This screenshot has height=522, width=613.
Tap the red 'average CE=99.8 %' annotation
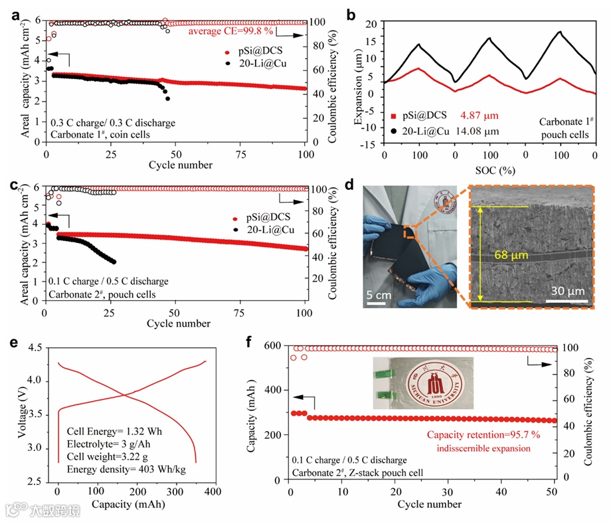pyautogui.click(x=230, y=31)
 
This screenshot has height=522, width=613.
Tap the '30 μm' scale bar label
pyautogui.click(x=567, y=290)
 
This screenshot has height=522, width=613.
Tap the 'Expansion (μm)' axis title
pyautogui.click(x=359, y=84)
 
